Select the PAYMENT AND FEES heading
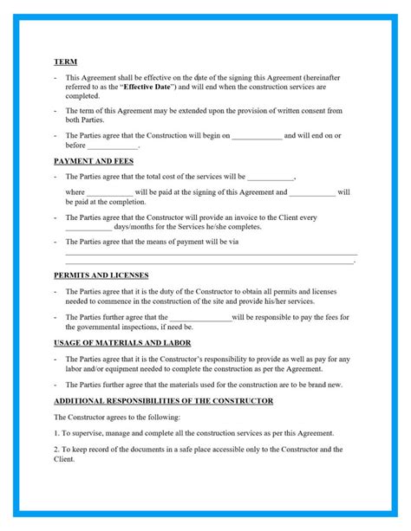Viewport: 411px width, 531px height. click(94, 161)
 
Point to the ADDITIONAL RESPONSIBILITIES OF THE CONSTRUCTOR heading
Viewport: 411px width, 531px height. click(163, 401)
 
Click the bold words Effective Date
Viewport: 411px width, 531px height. click(147, 87)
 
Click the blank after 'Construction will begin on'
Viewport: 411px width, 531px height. click(257, 136)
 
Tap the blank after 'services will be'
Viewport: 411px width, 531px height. click(271, 177)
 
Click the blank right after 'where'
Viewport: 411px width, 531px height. click(110, 191)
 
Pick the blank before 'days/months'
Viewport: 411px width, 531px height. click(88, 227)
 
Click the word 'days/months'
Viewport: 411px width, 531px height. click(133, 227)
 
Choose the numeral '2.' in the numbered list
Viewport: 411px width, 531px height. click(56, 450)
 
